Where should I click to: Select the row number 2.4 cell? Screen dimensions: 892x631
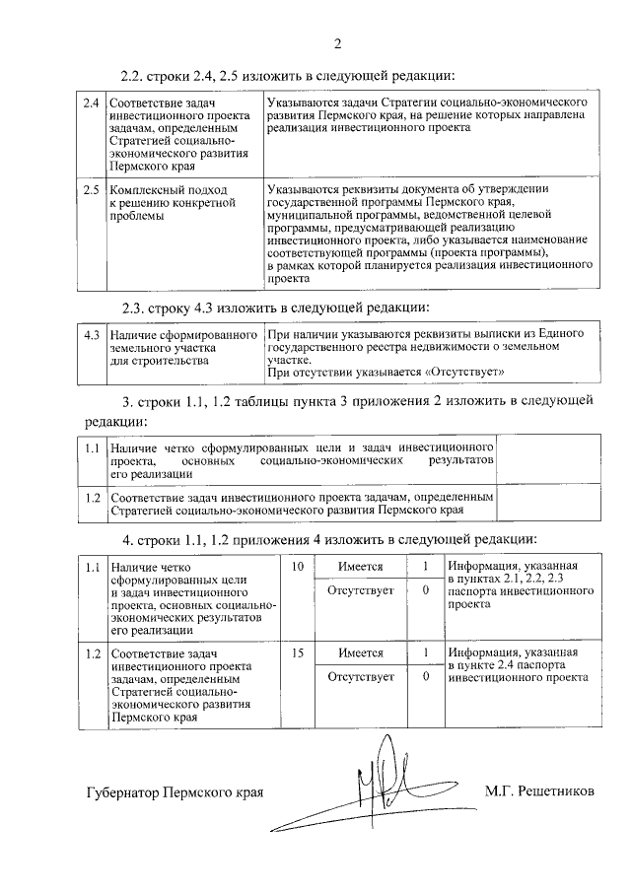[x=91, y=103]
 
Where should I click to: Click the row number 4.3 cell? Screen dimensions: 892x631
[x=91, y=335]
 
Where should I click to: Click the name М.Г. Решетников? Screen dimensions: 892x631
[x=539, y=791]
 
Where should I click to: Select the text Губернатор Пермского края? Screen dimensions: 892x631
[x=175, y=792]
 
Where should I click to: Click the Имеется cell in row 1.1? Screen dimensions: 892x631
[x=359, y=567]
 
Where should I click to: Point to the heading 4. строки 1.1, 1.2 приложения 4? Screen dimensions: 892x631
[x=329, y=539]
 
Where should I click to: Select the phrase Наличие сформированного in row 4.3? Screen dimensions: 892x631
[x=183, y=335]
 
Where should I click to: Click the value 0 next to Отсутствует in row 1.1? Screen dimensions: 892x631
[x=424, y=590]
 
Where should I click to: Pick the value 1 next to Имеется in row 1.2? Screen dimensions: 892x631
[x=424, y=653]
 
